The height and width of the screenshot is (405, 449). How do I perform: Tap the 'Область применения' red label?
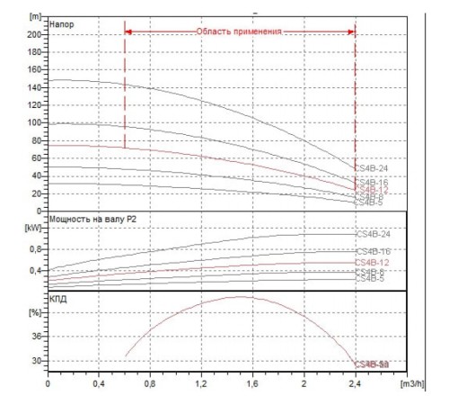pos(239,31)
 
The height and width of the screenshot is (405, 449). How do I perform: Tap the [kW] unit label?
pos(34,228)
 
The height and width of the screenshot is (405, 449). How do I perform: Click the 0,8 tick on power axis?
pos(35,248)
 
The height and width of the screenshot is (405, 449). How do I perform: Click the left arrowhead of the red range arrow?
pos(128,31)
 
